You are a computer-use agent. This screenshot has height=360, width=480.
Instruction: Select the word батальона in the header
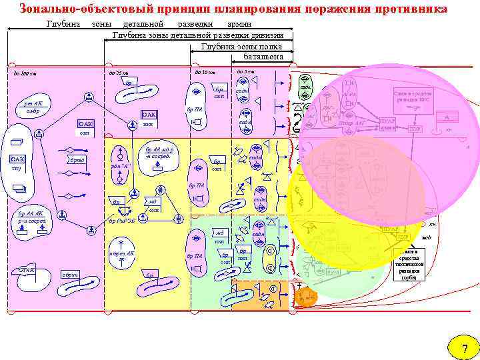pos(263,57)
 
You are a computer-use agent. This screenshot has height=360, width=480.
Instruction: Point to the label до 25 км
pos(118,72)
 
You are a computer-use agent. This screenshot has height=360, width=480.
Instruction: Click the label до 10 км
pos(204,72)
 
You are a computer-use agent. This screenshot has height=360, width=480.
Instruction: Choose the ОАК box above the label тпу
pos(18,159)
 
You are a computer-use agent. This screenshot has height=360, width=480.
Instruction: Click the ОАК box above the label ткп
pos(149,115)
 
